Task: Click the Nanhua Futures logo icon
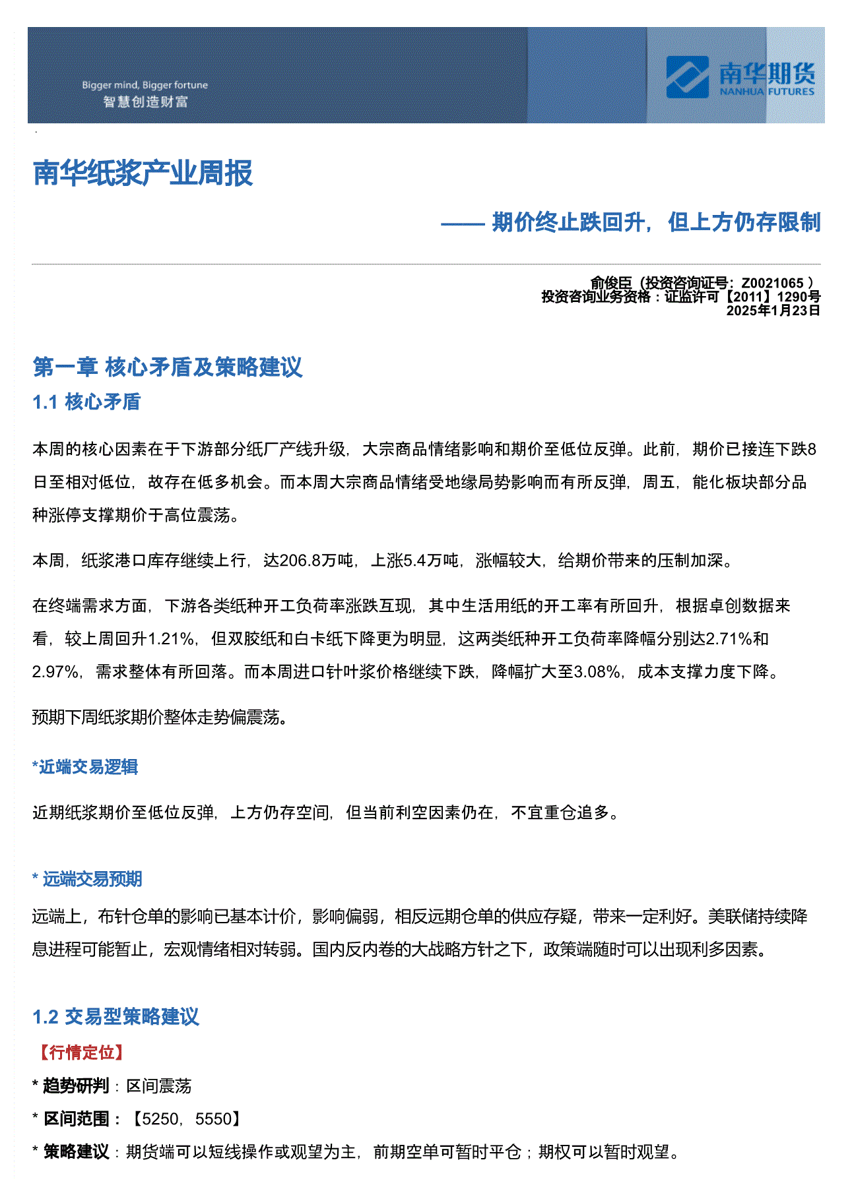click(x=687, y=77)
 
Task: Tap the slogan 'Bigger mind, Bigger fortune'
click(x=145, y=85)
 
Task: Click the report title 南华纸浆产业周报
click(x=143, y=173)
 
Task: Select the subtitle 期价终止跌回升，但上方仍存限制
click(x=656, y=222)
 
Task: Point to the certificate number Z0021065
click(x=772, y=284)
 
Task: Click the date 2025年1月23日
click(x=773, y=311)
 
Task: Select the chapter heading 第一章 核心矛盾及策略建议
click(x=168, y=367)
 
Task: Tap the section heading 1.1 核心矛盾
click(x=86, y=402)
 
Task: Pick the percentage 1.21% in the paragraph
click(x=171, y=638)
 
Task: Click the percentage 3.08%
click(x=597, y=671)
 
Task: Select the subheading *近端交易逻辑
click(x=85, y=767)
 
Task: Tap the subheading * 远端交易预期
click(x=87, y=879)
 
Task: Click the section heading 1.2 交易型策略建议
click(x=115, y=1016)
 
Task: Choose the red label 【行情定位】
click(x=82, y=1052)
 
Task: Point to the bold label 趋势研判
click(x=76, y=1086)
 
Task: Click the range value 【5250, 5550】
click(x=186, y=1118)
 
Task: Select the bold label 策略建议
click(x=76, y=1151)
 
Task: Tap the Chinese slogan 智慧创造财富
click(x=146, y=102)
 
